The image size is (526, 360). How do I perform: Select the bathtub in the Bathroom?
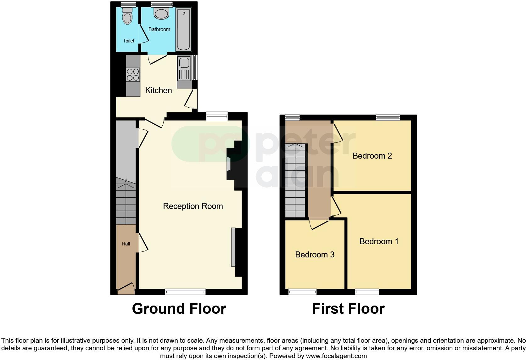click(183, 30)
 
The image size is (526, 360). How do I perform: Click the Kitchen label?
click(158, 90)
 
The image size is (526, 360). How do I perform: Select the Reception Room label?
click(193, 206)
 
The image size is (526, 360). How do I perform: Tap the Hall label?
click(126, 244)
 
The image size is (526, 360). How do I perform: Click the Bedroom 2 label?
click(372, 156)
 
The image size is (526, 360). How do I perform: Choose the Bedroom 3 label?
click(315, 255)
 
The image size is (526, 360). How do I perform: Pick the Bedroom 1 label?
click(379, 241)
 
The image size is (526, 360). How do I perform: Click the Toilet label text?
click(129, 41)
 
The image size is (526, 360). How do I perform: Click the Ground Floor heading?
click(179, 309)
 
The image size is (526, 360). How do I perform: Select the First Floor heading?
click(348, 309)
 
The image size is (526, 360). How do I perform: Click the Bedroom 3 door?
click(319, 224)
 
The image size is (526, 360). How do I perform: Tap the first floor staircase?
click(295, 181)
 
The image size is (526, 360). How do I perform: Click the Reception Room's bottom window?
click(185, 292)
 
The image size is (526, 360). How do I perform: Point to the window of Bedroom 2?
click(388, 118)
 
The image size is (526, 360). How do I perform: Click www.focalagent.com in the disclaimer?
click(336, 356)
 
